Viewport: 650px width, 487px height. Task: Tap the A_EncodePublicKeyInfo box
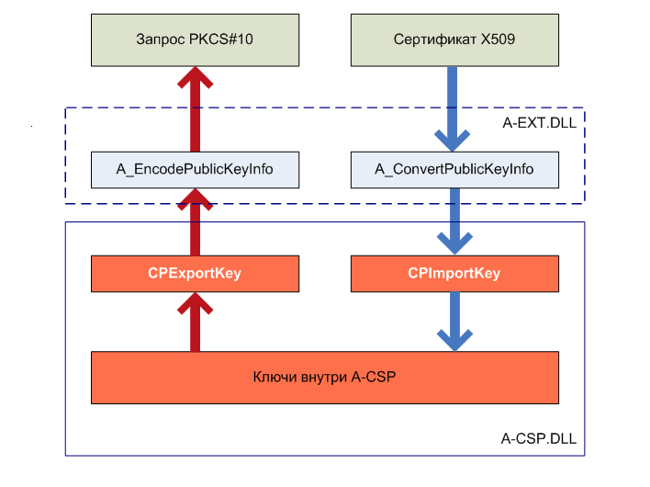pyautogui.click(x=195, y=169)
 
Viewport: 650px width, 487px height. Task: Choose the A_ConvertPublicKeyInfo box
pyautogui.click(x=454, y=169)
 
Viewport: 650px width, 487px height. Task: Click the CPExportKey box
pyautogui.click(x=195, y=273)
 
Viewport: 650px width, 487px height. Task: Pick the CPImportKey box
pyautogui.click(x=454, y=273)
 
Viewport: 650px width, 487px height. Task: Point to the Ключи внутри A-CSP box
pyautogui.click(x=325, y=377)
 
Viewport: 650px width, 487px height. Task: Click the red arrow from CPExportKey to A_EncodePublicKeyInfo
pyautogui.click(x=195, y=221)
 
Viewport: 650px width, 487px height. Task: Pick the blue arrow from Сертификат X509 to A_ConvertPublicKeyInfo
pyautogui.click(x=454, y=106)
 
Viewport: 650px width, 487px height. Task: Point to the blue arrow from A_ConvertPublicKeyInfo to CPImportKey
pyautogui.click(x=454, y=221)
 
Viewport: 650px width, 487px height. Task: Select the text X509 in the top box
pyautogui.click(x=499, y=40)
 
